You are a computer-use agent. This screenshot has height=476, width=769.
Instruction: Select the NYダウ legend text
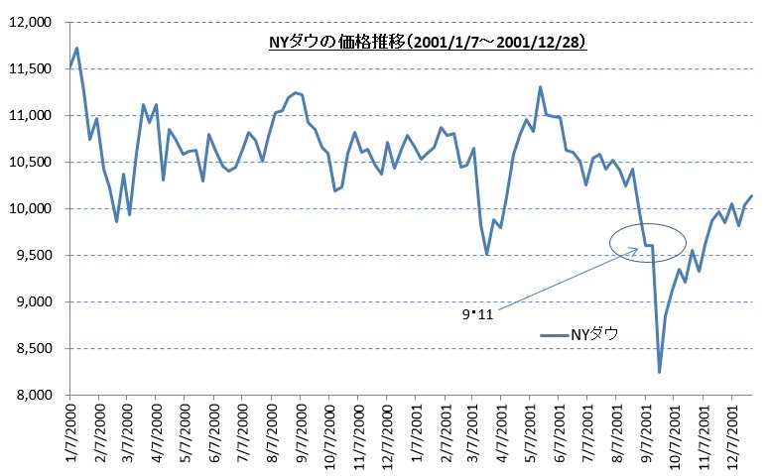592,335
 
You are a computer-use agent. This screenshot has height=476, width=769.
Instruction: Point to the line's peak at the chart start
76,48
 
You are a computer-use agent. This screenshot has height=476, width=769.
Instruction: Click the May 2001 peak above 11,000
540,86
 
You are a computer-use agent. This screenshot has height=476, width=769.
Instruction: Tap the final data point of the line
752,195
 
